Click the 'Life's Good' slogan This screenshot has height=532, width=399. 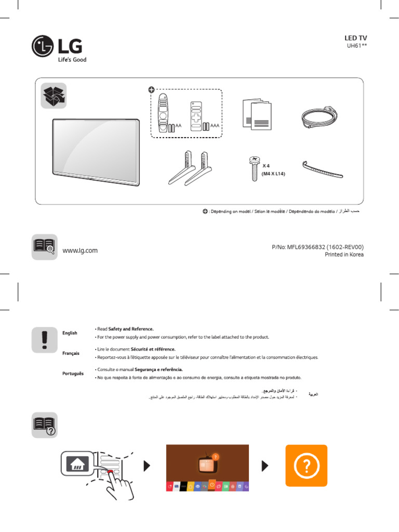pyautogui.click(x=72, y=60)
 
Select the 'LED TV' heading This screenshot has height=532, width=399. pyautogui.click(x=356, y=38)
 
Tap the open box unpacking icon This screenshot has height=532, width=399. pyautogui.click(x=54, y=96)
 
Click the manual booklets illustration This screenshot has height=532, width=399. pyautogui.click(x=257, y=115)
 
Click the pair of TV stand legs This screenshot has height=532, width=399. pyautogui.click(x=189, y=167)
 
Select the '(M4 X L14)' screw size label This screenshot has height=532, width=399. pyautogui.click(x=270, y=174)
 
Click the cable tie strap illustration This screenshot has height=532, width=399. pyautogui.click(x=322, y=169)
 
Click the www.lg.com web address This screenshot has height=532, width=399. pyautogui.click(x=80, y=250)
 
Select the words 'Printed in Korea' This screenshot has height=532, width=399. pyautogui.click(x=344, y=255)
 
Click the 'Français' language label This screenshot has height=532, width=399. pyautogui.click(x=71, y=353)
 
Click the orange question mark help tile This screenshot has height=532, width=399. pyautogui.click(x=307, y=465)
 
